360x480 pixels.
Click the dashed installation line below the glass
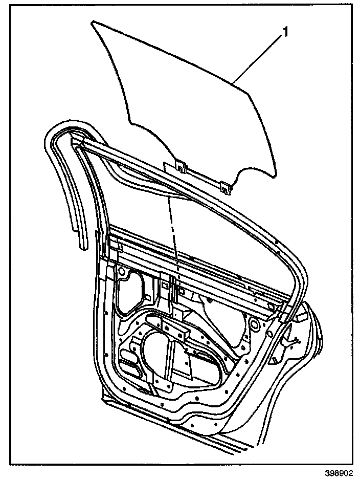click(x=173, y=225)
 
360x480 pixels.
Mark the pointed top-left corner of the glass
click(x=93, y=22)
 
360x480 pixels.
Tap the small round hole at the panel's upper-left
click(x=122, y=270)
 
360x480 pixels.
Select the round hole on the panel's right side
click(x=253, y=323)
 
